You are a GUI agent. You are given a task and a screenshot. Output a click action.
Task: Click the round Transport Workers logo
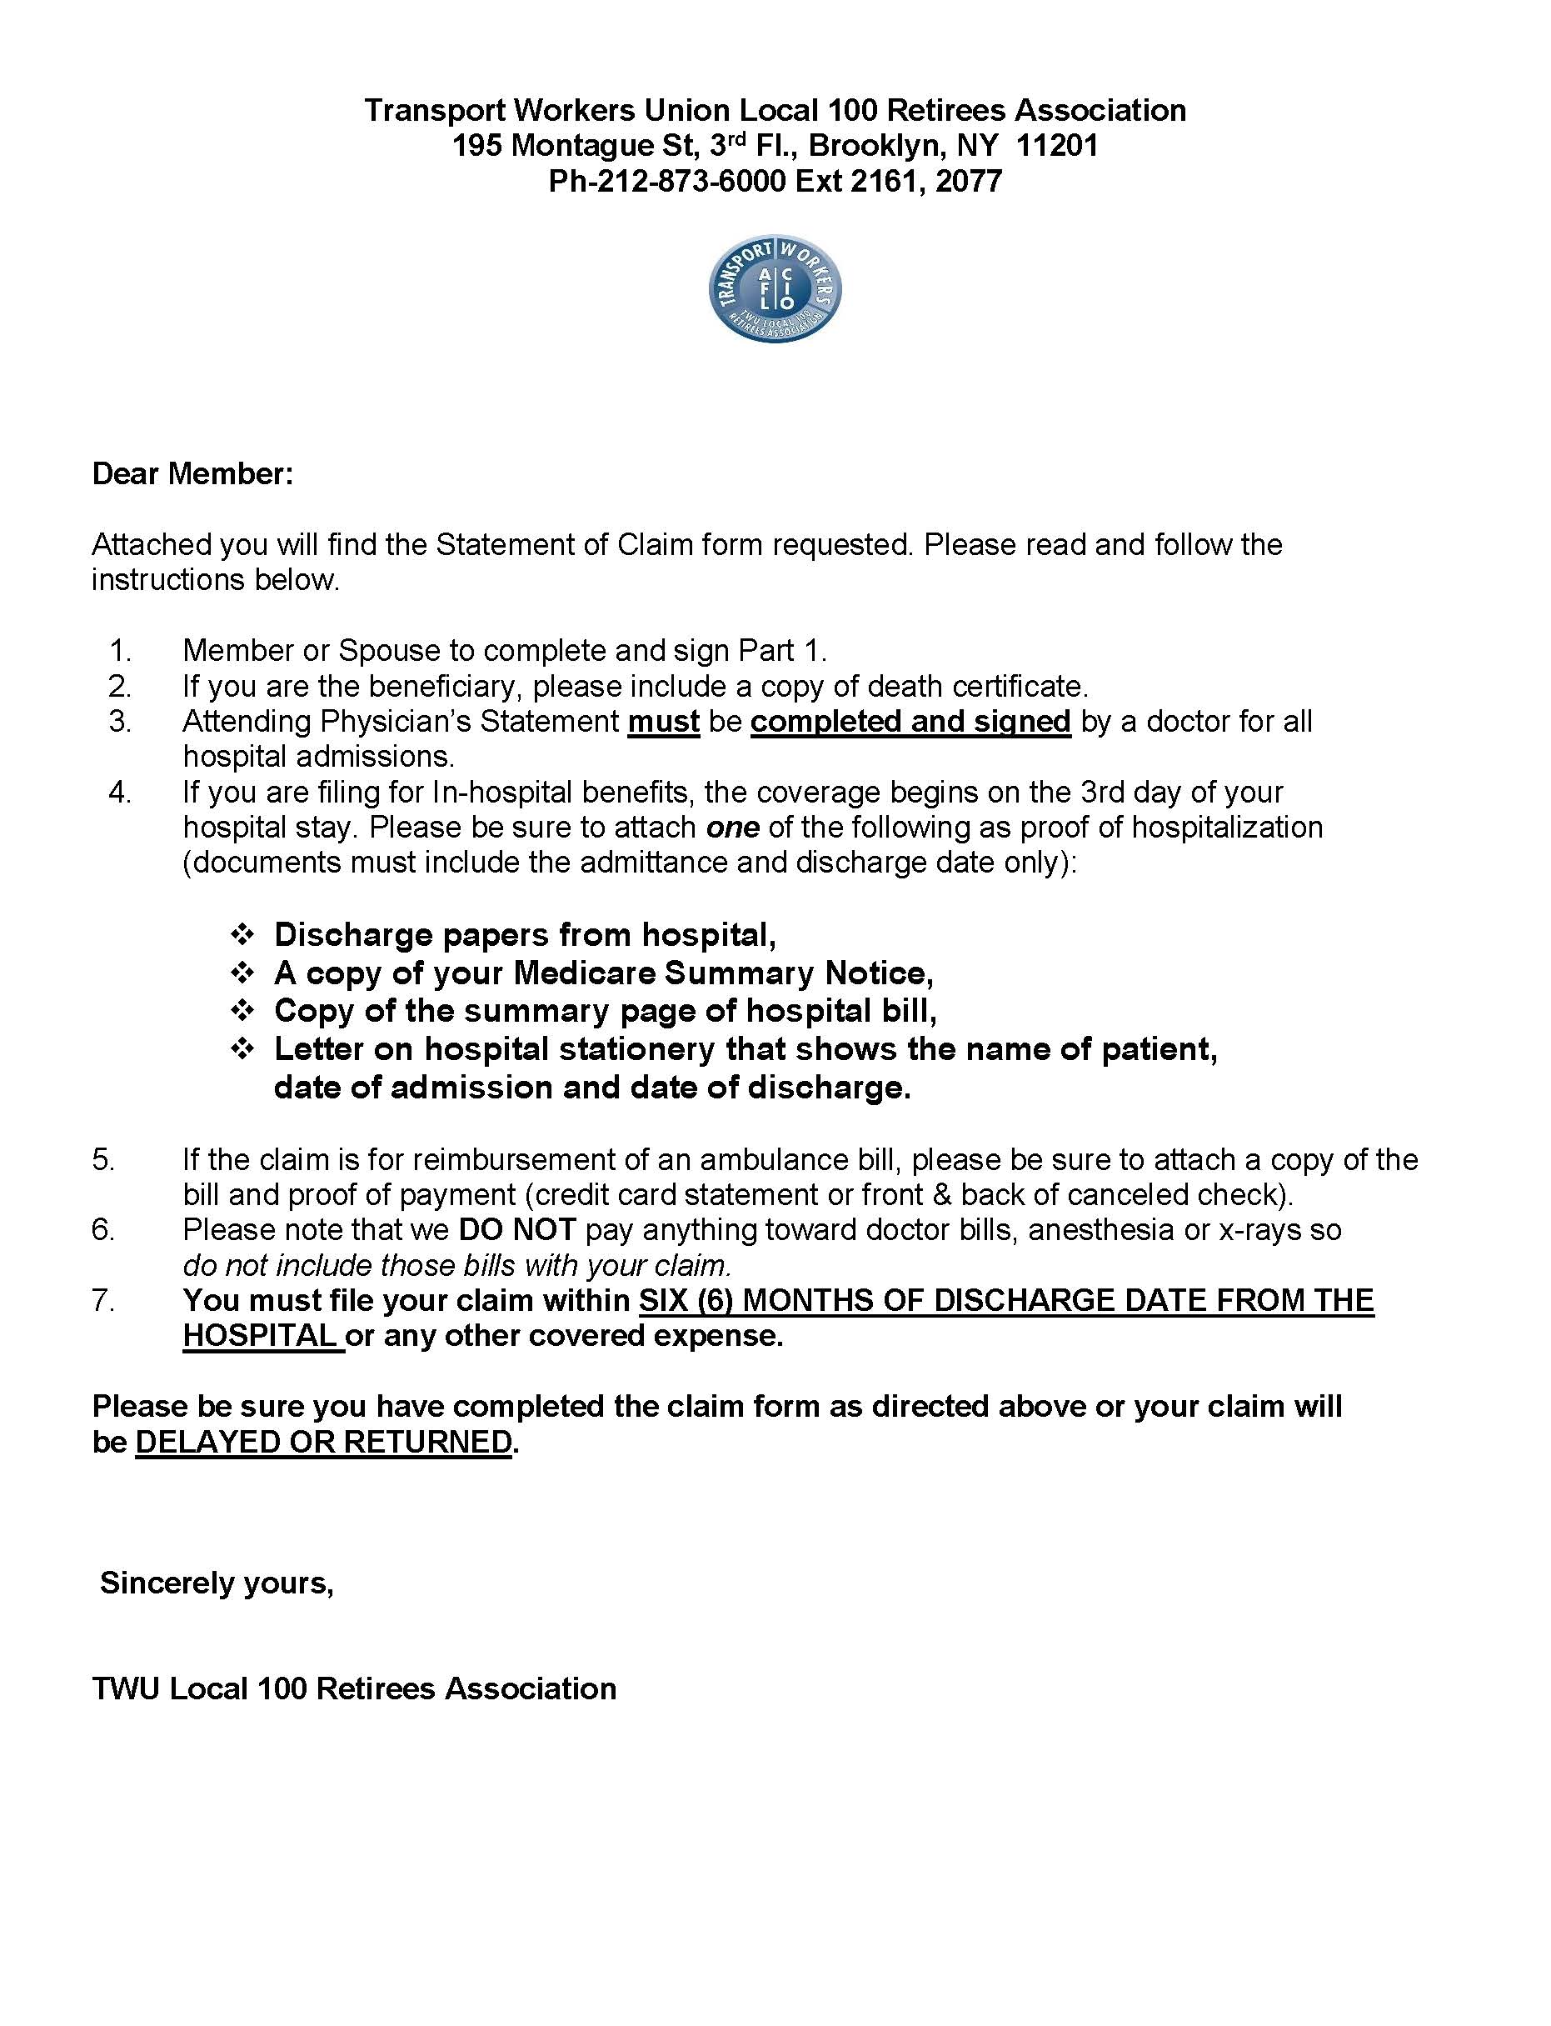coord(775,288)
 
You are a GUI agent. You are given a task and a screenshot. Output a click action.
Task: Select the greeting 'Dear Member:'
coord(193,473)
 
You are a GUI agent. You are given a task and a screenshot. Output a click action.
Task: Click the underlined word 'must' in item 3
coord(663,721)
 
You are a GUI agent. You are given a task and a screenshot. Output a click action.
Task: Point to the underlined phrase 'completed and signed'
coord(910,721)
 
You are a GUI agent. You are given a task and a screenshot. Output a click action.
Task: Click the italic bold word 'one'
coord(732,828)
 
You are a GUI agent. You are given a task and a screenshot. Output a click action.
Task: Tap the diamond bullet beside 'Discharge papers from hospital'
coord(242,934)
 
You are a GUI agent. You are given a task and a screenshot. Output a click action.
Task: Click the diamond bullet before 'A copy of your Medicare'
coord(242,973)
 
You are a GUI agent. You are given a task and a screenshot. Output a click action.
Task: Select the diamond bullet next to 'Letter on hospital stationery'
coord(242,1049)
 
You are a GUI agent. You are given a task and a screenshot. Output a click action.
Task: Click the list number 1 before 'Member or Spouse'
coord(120,651)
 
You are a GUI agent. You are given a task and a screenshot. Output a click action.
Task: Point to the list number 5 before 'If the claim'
coord(103,1160)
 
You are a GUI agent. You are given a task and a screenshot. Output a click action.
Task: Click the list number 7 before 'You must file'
coord(103,1301)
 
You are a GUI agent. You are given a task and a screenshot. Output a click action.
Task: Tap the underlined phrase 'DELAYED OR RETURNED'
coord(323,1443)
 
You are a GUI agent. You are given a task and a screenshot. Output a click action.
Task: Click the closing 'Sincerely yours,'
coord(217,1583)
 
